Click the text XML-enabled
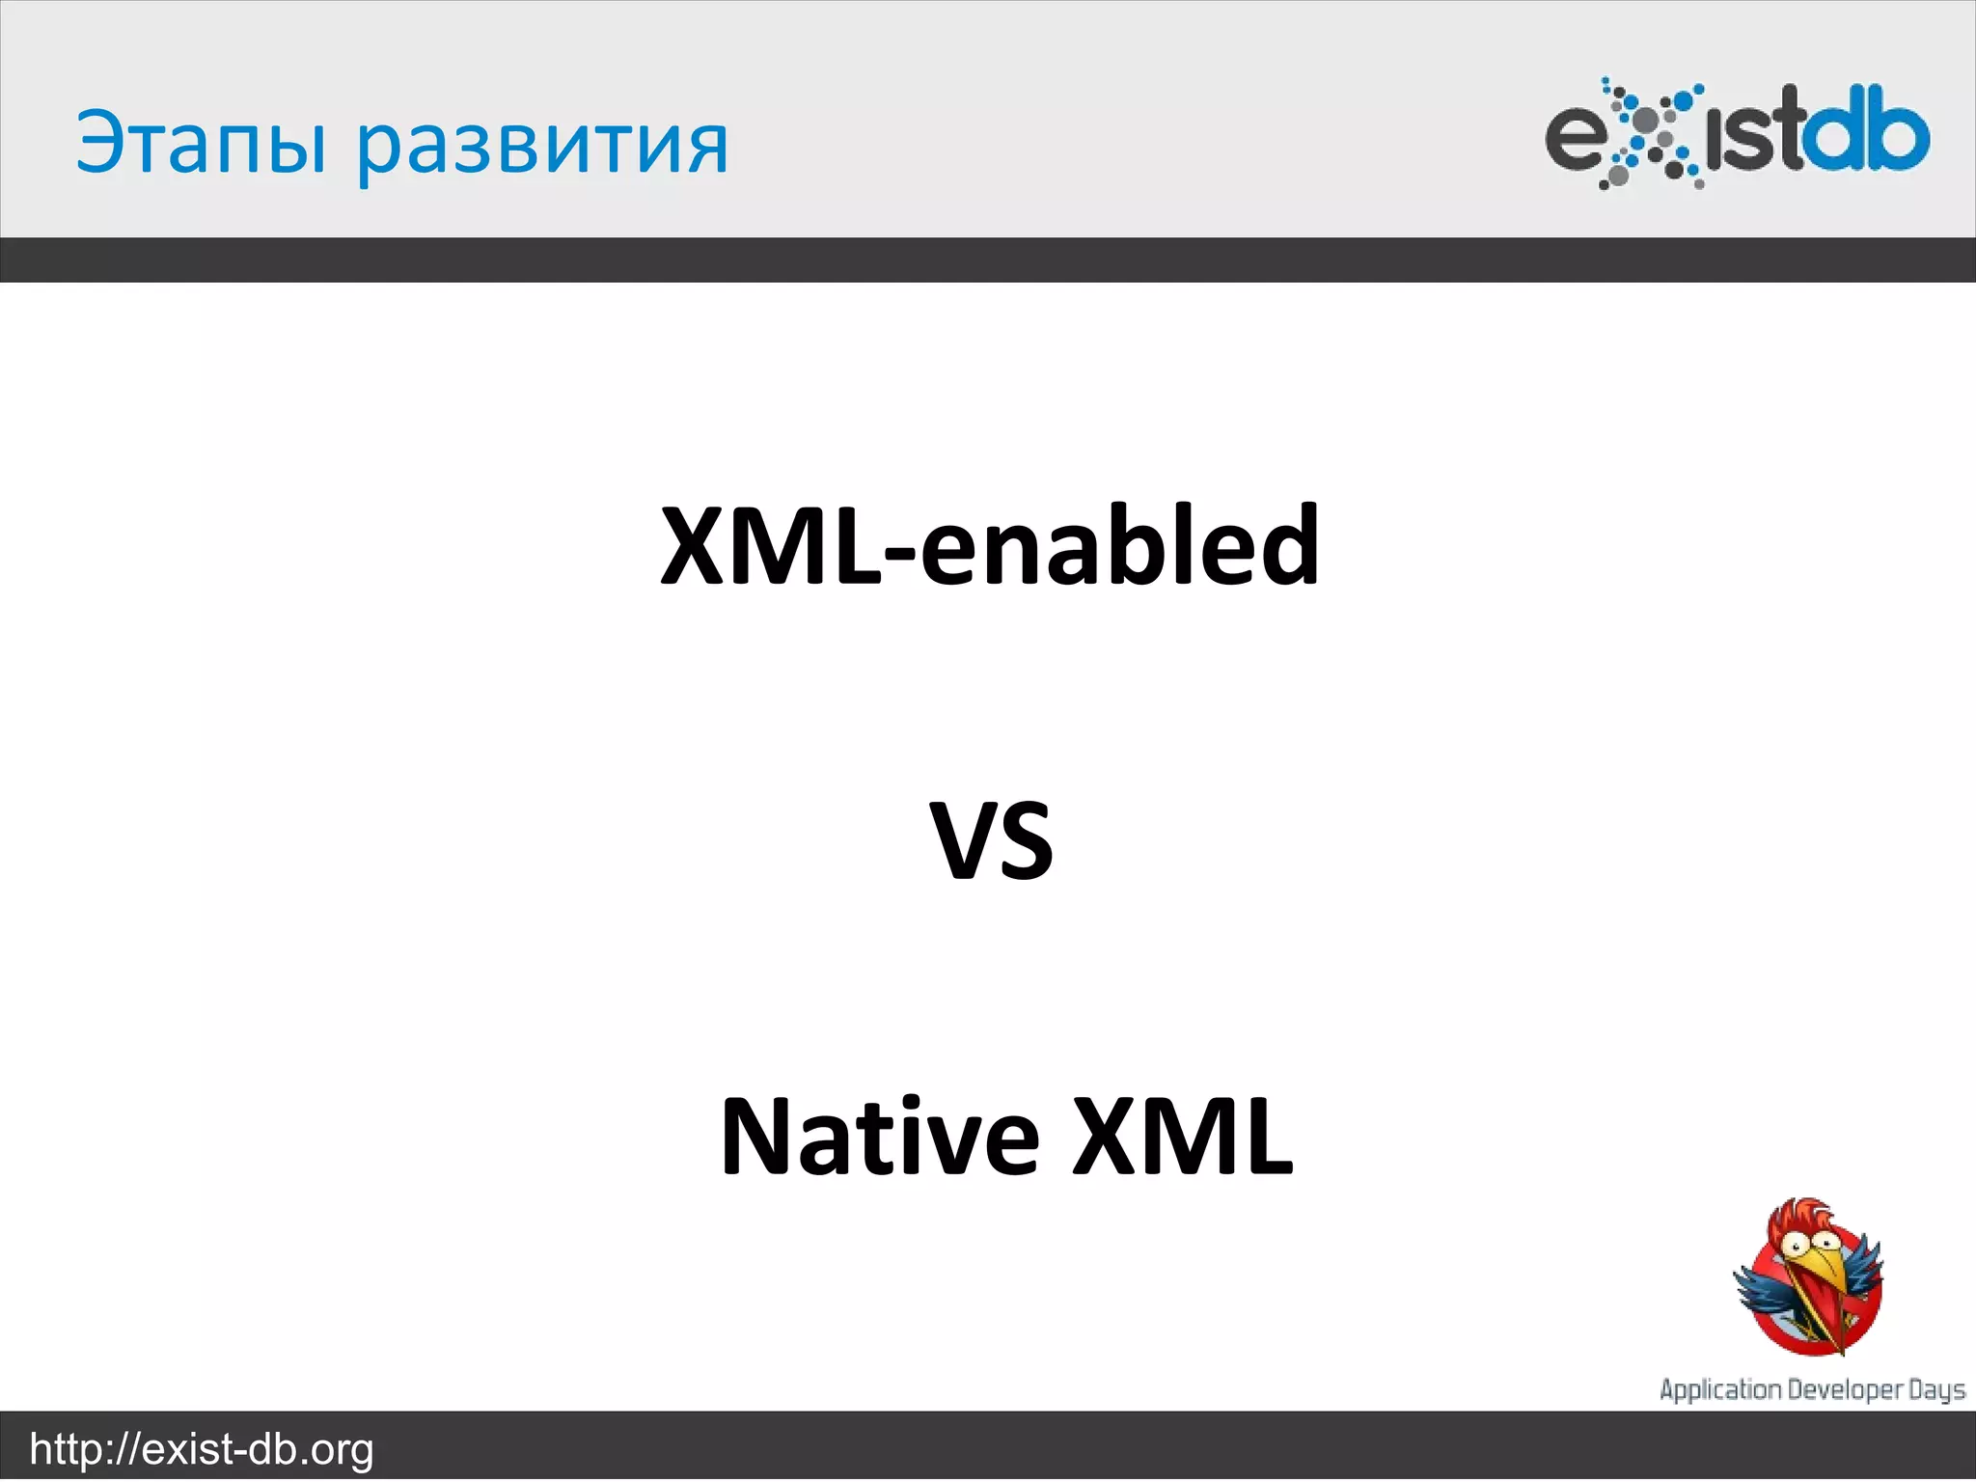pyautogui.click(x=989, y=546)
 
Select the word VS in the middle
pyautogui.click(x=991, y=841)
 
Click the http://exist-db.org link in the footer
pyautogui.click(x=202, y=1449)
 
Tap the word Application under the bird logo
pyautogui.click(x=1720, y=1389)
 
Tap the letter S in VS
pyautogui.click(x=1026, y=841)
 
